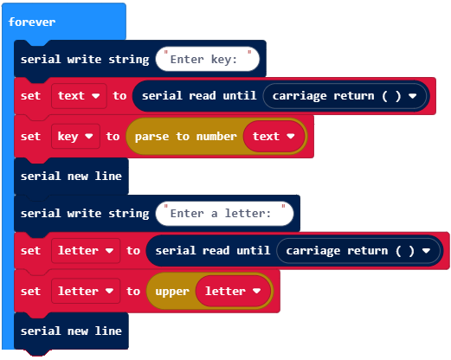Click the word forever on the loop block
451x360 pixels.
tap(32, 22)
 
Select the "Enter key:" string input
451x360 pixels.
tap(207, 59)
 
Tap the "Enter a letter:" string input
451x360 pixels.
tap(224, 214)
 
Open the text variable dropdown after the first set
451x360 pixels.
tap(79, 96)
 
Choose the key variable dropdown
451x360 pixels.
tap(75, 137)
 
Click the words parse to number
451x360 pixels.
tap(186, 137)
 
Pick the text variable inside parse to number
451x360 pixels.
tap(274, 137)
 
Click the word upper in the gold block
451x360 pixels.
tap(172, 292)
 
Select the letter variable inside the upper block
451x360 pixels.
tap(233, 291)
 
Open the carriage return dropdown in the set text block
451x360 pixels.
tap(345, 96)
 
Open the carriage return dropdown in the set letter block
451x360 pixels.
tap(358, 251)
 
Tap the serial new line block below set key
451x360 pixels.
tap(71, 177)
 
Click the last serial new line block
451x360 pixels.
tap(71, 331)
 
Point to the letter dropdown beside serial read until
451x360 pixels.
tap(86, 251)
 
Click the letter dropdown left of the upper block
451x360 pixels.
tap(86, 291)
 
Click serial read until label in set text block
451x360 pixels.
tap(199, 96)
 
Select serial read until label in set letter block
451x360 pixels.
tap(213, 251)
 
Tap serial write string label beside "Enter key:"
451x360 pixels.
tap(85, 60)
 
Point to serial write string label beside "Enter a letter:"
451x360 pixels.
tap(85, 214)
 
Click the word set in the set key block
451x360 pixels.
tap(30, 137)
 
